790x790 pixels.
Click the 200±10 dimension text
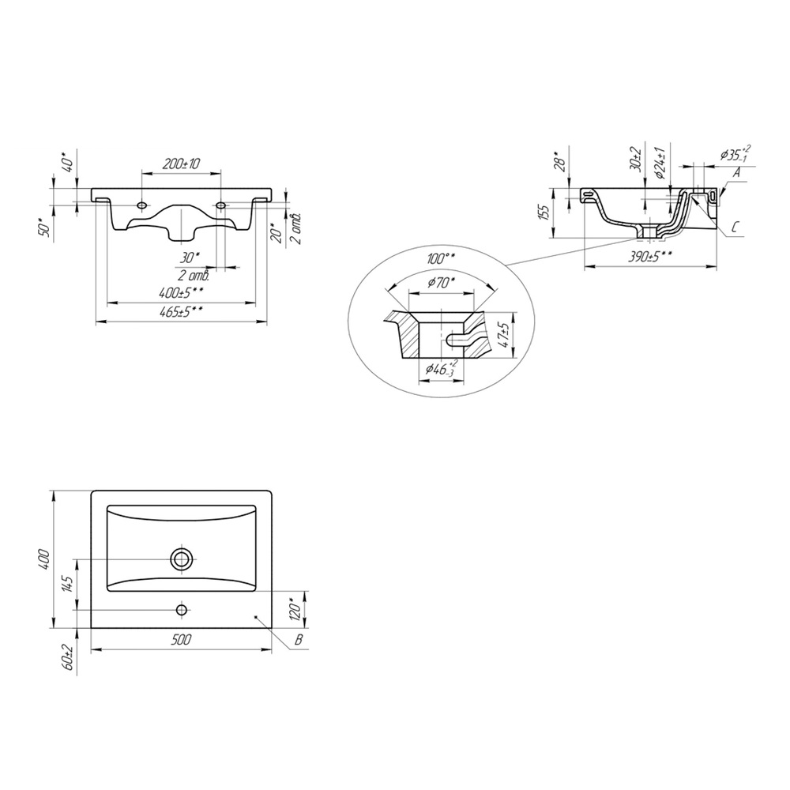pyautogui.click(x=181, y=164)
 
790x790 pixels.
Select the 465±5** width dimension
pyautogui.click(x=182, y=312)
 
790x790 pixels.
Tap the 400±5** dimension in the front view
pyautogui.click(x=182, y=292)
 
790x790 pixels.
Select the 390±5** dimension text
pyautogui.click(x=650, y=257)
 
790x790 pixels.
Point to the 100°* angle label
pyautogui.click(x=442, y=259)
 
